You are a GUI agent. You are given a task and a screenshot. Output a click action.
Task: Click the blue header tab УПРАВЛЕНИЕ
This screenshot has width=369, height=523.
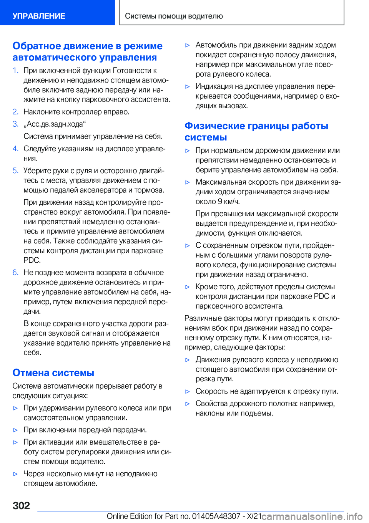point(39,16)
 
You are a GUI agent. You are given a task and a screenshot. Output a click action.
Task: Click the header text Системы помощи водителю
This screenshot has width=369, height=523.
point(174,16)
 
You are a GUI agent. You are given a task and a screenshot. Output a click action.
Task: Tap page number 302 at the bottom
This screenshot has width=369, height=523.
point(21,505)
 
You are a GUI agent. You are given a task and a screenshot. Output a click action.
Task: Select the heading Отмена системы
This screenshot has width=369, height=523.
point(53,372)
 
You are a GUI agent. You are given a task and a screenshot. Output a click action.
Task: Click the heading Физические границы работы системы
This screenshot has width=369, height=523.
point(256,131)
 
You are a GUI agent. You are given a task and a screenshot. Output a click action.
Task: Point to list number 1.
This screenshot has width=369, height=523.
point(15,70)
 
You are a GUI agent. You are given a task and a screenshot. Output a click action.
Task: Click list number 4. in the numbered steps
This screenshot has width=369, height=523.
point(15,149)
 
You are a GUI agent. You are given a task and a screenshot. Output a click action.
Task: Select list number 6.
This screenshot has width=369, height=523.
point(15,273)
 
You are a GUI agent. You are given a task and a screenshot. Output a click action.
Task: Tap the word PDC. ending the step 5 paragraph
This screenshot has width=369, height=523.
point(32,260)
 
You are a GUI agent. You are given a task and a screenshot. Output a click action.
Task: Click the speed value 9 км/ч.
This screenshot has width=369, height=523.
point(229,202)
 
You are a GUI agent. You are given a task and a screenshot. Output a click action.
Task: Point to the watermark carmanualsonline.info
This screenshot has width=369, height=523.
point(312,516)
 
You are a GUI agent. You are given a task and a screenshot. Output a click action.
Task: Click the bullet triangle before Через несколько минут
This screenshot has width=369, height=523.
point(15,474)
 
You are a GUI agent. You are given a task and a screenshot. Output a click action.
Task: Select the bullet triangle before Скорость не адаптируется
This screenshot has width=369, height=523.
point(188,392)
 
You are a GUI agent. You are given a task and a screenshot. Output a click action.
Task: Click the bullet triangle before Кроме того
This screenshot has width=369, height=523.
point(188,287)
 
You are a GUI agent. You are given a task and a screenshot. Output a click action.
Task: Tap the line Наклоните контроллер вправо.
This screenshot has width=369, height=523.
point(76,112)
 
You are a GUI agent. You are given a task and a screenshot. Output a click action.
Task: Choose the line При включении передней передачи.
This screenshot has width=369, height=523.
point(85,430)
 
